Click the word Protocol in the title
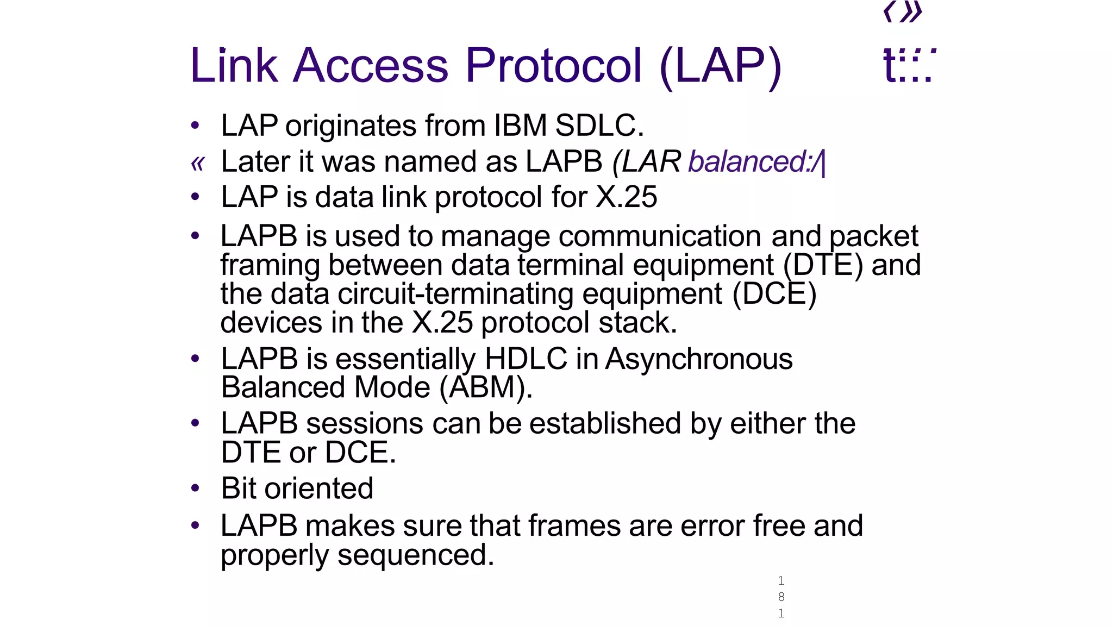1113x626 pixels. pyautogui.click(x=553, y=66)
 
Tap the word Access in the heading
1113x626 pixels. pyautogui.click(x=371, y=66)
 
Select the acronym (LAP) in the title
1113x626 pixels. pyautogui.click(x=720, y=67)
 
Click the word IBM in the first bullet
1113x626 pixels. pyautogui.click(x=520, y=126)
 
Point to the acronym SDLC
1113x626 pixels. pyautogui.click(x=599, y=126)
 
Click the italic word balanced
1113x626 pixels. pyautogui.click(x=748, y=162)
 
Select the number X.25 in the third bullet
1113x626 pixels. pyautogui.click(x=627, y=197)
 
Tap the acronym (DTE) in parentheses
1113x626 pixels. pyautogui.click(x=823, y=266)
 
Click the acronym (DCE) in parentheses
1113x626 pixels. pyautogui.click(x=774, y=295)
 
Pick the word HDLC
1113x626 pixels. pyautogui.click(x=526, y=359)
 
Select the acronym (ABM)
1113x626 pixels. pyautogui.click(x=486, y=388)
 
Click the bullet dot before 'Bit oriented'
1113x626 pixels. pyautogui.click(x=195, y=488)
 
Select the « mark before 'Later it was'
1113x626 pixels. pyautogui.click(x=197, y=163)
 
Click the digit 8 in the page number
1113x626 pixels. pyautogui.click(x=781, y=597)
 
